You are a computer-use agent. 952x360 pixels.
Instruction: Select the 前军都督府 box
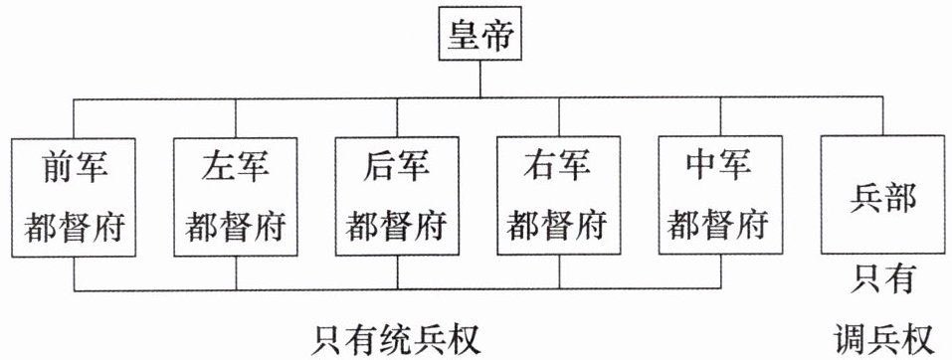[74, 197]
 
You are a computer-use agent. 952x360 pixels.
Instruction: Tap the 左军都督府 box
[235, 197]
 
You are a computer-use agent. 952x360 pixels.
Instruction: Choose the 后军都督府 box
[397, 197]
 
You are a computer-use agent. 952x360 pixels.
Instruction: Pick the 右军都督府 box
[559, 196]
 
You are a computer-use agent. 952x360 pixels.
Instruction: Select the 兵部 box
[882, 194]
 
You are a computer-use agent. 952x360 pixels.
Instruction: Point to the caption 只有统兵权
[396, 340]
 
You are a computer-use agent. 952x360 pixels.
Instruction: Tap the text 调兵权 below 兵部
[882, 339]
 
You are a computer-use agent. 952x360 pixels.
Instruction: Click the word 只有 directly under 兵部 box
[882, 279]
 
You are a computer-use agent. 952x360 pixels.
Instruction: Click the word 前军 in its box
[74, 166]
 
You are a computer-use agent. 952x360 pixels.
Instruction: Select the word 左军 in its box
[236, 166]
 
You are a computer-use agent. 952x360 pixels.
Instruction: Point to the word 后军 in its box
[397, 166]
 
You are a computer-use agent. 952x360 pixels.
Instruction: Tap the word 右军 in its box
[559, 166]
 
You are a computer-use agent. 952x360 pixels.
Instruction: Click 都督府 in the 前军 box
[74, 227]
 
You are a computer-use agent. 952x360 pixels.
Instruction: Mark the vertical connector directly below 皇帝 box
[480, 79]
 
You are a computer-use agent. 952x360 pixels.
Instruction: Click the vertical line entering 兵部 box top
[883, 116]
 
